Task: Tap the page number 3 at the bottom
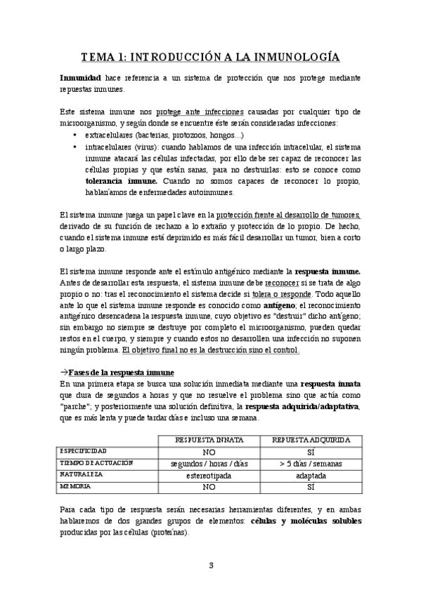click(210, 564)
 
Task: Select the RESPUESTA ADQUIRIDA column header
click(311, 440)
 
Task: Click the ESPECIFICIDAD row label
click(84, 451)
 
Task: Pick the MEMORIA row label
click(75, 486)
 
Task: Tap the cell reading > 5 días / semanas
click(311, 463)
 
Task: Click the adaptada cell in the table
click(311, 474)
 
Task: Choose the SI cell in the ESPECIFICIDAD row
click(311, 451)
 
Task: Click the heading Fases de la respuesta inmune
click(120, 371)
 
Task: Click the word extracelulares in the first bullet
click(108, 135)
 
